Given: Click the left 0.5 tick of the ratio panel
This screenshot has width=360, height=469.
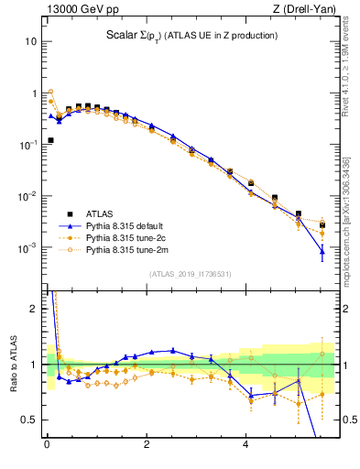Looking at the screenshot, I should coord(31,420).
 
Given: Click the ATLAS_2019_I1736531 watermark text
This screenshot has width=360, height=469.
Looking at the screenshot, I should coord(191,274).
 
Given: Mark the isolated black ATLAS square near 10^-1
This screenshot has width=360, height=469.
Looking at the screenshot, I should coord(50,140).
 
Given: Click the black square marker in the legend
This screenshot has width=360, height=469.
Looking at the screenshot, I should coord(69,212).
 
